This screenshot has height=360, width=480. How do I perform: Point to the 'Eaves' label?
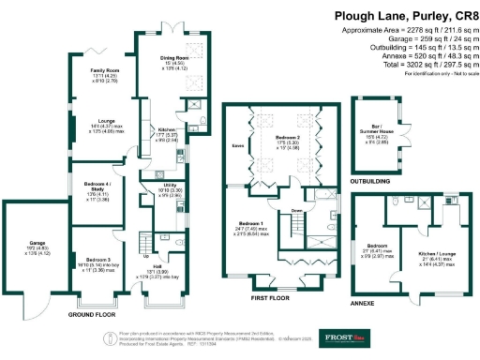238,145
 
